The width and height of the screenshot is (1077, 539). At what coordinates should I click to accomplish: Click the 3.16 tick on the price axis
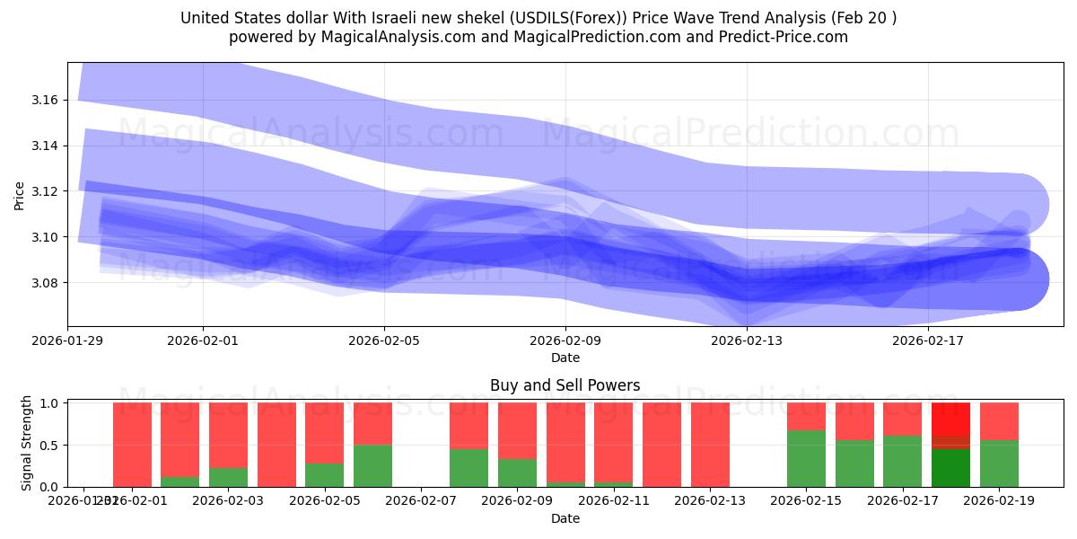[46, 100]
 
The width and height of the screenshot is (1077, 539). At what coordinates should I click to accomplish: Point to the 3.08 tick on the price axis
[46, 283]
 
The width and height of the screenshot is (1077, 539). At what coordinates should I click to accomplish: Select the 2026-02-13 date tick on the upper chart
[747, 341]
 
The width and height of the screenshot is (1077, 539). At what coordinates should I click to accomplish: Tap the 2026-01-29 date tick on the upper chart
[67, 341]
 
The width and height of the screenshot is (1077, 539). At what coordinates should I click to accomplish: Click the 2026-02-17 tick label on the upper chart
[928, 341]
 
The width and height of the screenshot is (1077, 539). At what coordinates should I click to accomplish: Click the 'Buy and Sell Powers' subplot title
[565, 385]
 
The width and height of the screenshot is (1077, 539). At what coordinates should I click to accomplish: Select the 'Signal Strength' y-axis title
[27, 444]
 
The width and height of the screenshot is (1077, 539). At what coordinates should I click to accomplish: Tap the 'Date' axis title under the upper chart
[565, 358]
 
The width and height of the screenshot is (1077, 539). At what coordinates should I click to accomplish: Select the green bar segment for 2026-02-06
[372, 465]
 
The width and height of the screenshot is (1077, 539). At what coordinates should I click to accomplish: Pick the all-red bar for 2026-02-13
[710, 445]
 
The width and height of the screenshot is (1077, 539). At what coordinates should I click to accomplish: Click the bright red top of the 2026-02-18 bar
[950, 419]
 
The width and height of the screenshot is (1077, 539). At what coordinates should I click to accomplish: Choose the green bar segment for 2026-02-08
[468, 467]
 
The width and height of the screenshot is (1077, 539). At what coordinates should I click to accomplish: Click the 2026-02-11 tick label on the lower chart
[614, 500]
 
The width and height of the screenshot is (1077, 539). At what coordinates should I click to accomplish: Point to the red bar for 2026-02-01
[132, 445]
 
